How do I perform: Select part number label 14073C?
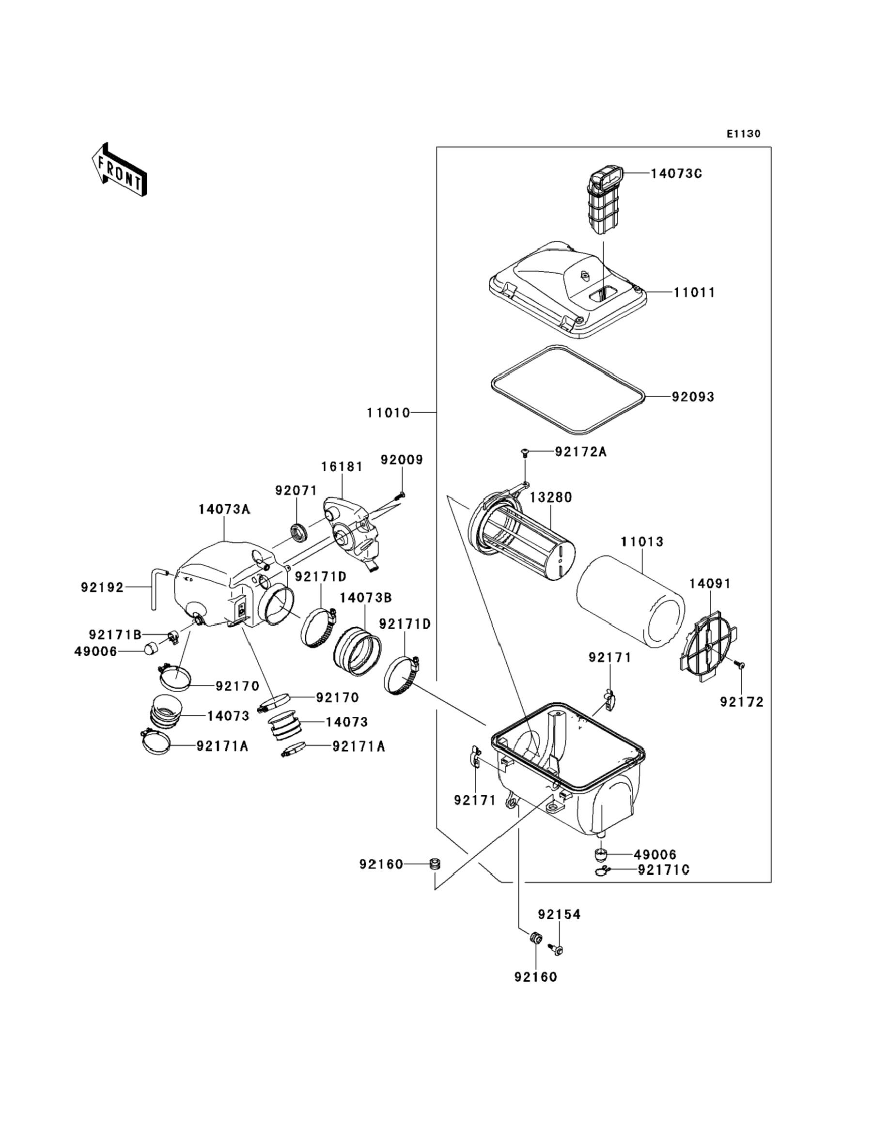coord(676,174)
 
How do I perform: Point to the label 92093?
coord(693,397)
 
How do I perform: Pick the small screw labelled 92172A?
coord(524,453)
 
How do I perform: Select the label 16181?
coord(342,467)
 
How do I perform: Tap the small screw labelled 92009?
coord(401,495)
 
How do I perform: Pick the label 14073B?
coord(365,598)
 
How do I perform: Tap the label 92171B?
coord(115,634)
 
